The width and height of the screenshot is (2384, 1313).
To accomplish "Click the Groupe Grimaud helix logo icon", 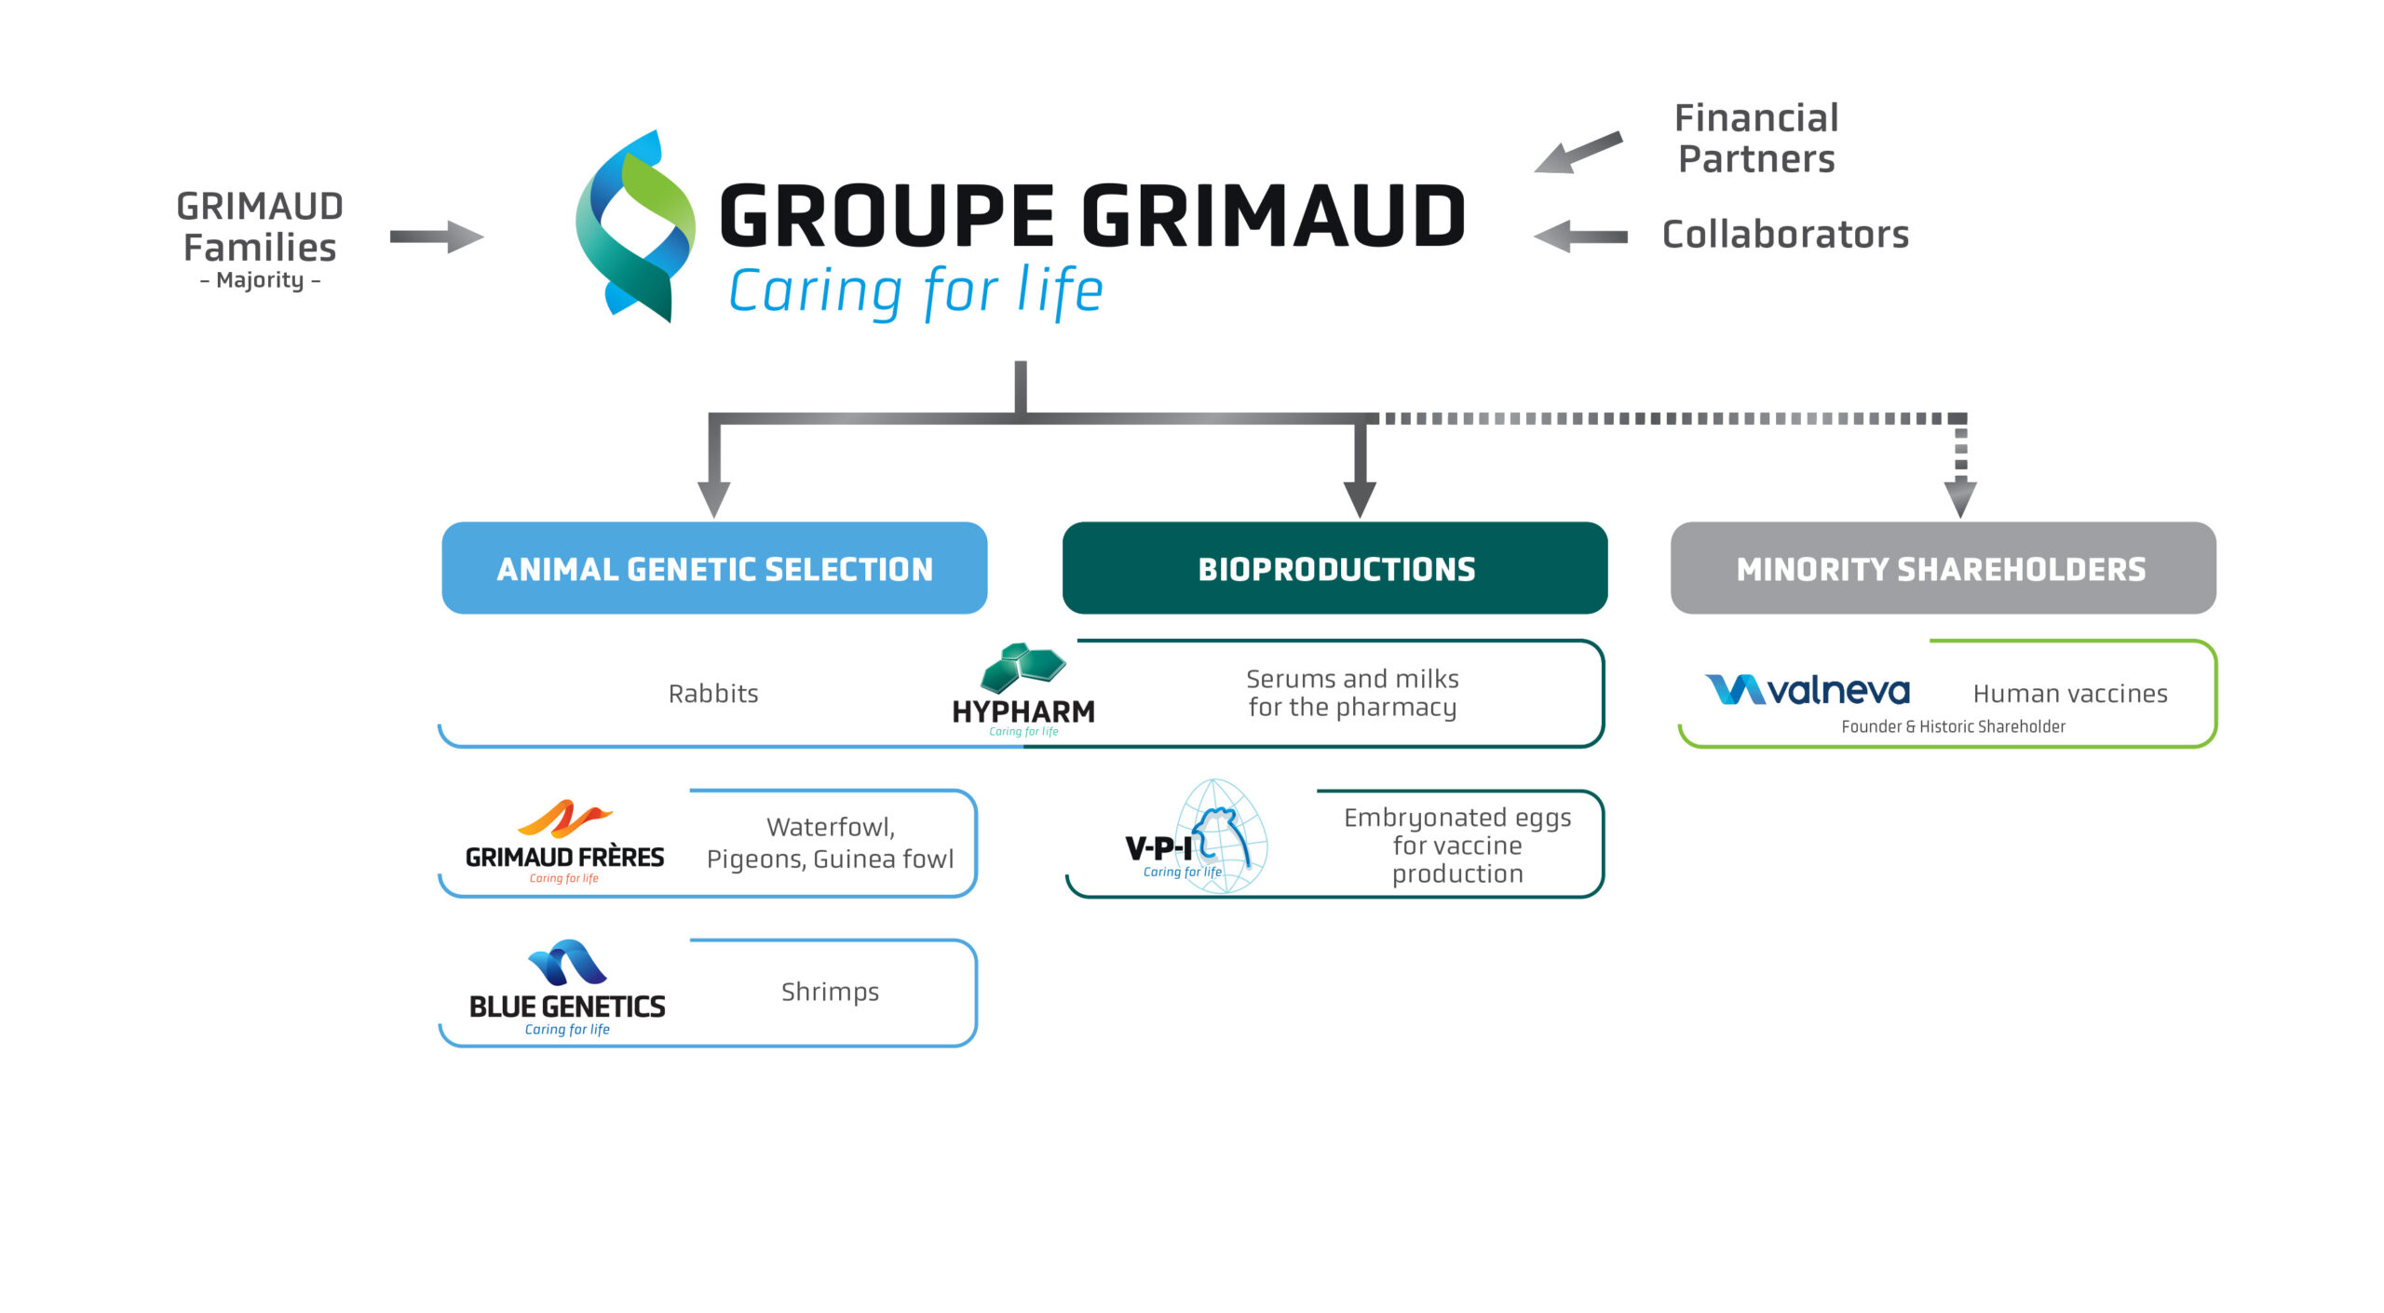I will click(x=635, y=226).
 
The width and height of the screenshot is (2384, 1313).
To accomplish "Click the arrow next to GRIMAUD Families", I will click(x=436, y=237).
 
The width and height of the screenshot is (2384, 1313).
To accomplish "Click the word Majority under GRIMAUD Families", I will click(x=260, y=280).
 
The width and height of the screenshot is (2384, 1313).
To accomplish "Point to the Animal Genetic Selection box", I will click(x=714, y=568).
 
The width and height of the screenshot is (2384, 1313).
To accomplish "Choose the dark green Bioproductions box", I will click(x=1334, y=568).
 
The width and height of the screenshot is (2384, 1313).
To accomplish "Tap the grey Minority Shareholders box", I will click(x=1943, y=568).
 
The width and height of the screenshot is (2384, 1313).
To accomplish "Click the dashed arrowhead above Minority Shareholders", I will click(x=1960, y=497).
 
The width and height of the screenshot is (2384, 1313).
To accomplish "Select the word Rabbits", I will click(x=713, y=694).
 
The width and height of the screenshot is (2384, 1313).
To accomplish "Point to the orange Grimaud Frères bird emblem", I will click(x=563, y=819).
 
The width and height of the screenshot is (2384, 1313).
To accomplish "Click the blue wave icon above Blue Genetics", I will click(x=567, y=963).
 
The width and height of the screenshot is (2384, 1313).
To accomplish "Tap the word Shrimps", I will click(x=830, y=992).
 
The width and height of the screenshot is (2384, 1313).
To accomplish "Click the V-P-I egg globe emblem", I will click(x=1222, y=836).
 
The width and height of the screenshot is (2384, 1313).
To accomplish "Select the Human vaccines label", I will click(x=2069, y=694).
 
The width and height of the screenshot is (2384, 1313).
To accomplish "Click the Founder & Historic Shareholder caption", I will click(x=1953, y=727).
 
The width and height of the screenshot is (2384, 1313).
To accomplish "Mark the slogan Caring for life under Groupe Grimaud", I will click(x=915, y=291).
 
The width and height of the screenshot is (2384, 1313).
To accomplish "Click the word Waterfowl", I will click(x=830, y=827).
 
